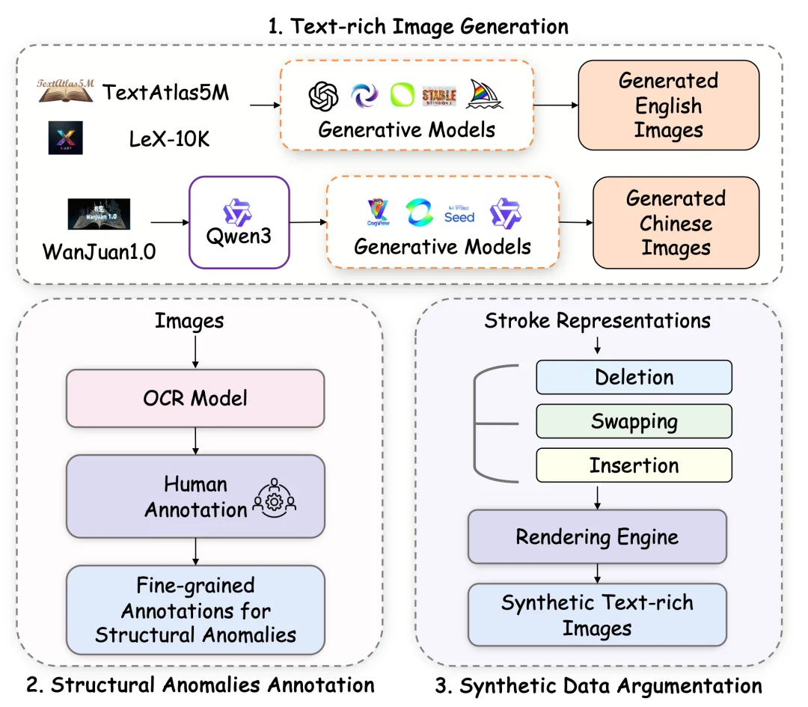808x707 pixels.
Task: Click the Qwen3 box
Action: pos(239,222)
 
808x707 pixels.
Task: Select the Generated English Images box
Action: pos(668,105)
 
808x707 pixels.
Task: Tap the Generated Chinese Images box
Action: pos(676,223)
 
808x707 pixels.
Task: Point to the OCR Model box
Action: pos(195,398)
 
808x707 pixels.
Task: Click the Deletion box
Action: pos(634,377)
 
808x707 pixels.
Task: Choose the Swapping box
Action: pos(634,421)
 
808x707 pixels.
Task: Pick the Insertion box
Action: pos(634,465)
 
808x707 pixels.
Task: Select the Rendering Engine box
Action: pos(597,536)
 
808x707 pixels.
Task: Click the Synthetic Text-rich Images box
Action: pos(597,614)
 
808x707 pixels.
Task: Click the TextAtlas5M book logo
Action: pos(66,91)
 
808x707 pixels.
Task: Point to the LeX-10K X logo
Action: pos(65,138)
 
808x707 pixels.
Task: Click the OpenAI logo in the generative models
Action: pos(324,95)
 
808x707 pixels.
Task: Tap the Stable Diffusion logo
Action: pos(439,96)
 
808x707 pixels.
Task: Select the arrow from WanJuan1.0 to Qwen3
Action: pos(170,222)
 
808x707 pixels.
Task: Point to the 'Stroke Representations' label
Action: pos(597,321)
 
